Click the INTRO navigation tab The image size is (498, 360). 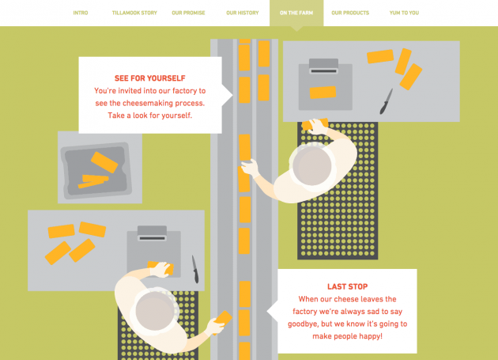pyautogui.click(x=81, y=13)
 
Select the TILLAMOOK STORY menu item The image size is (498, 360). pyautogui.click(x=134, y=13)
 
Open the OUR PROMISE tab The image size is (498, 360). pyautogui.click(x=188, y=13)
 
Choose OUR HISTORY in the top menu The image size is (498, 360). pyautogui.click(x=243, y=13)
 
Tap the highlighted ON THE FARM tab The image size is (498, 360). pyautogui.click(x=296, y=13)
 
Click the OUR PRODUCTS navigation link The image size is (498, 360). pyautogui.click(x=350, y=13)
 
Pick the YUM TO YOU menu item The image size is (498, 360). pyautogui.click(x=404, y=13)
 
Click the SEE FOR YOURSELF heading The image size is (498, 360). pyautogui.click(x=150, y=78)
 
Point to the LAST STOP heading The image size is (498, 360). pyautogui.click(x=348, y=286)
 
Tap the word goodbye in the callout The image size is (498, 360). pyautogui.click(x=303, y=324)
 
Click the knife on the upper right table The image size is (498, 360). pyautogui.click(x=387, y=101)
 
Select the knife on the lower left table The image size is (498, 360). pyautogui.click(x=195, y=269)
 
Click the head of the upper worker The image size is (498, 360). pyautogui.click(x=312, y=166)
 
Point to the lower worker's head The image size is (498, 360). pyautogui.click(x=155, y=311)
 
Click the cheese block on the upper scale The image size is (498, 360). pyautogui.click(x=323, y=93)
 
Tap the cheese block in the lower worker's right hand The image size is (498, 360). pyautogui.click(x=223, y=319)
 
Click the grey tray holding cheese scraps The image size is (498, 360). pyautogui.click(x=96, y=170)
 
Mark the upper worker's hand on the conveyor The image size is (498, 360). pyautogui.click(x=251, y=167)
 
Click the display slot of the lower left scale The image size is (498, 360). pyautogui.click(x=153, y=238)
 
